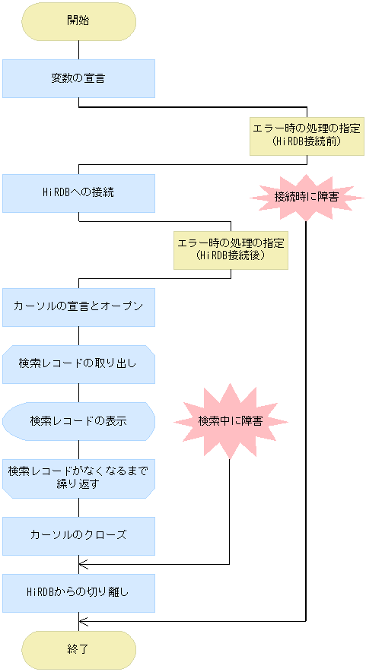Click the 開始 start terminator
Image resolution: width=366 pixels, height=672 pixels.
click(x=78, y=21)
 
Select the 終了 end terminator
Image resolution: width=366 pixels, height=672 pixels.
click(x=78, y=650)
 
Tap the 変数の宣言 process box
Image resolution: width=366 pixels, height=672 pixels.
click(x=78, y=78)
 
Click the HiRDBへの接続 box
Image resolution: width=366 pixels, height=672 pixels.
click(x=78, y=193)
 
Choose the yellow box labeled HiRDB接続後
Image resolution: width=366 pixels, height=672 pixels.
click(x=231, y=250)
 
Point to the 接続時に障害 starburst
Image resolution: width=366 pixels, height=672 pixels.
click(x=306, y=196)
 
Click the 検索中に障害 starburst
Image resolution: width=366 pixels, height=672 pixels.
click(x=230, y=420)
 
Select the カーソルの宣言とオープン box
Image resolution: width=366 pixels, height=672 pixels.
click(x=78, y=307)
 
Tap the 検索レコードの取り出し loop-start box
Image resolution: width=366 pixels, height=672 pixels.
click(x=78, y=364)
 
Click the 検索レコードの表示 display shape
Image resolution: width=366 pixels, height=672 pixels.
click(x=78, y=421)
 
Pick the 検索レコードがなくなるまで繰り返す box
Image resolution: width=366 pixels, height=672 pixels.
click(x=78, y=478)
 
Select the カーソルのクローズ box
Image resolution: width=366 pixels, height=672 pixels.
click(x=78, y=536)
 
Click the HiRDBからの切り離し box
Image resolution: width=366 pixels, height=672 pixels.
click(x=78, y=593)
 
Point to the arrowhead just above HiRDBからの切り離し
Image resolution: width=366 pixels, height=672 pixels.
click(x=82, y=564)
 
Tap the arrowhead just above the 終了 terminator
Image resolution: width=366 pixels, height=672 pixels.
click(x=82, y=622)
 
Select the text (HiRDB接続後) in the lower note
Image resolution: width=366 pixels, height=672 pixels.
click(x=231, y=256)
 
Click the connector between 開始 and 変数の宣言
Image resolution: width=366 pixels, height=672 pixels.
click(x=78, y=49)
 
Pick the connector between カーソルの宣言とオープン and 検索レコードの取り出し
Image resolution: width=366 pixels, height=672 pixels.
click(x=78, y=335)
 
